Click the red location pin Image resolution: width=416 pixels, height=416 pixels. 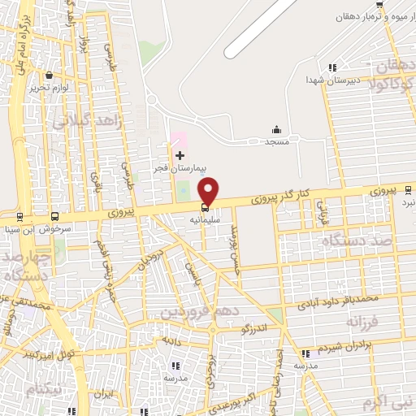(209, 190)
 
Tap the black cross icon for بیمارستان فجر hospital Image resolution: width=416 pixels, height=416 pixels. (180, 155)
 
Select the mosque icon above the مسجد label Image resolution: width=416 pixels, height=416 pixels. (276, 129)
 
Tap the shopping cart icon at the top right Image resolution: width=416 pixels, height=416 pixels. (379, 6)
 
